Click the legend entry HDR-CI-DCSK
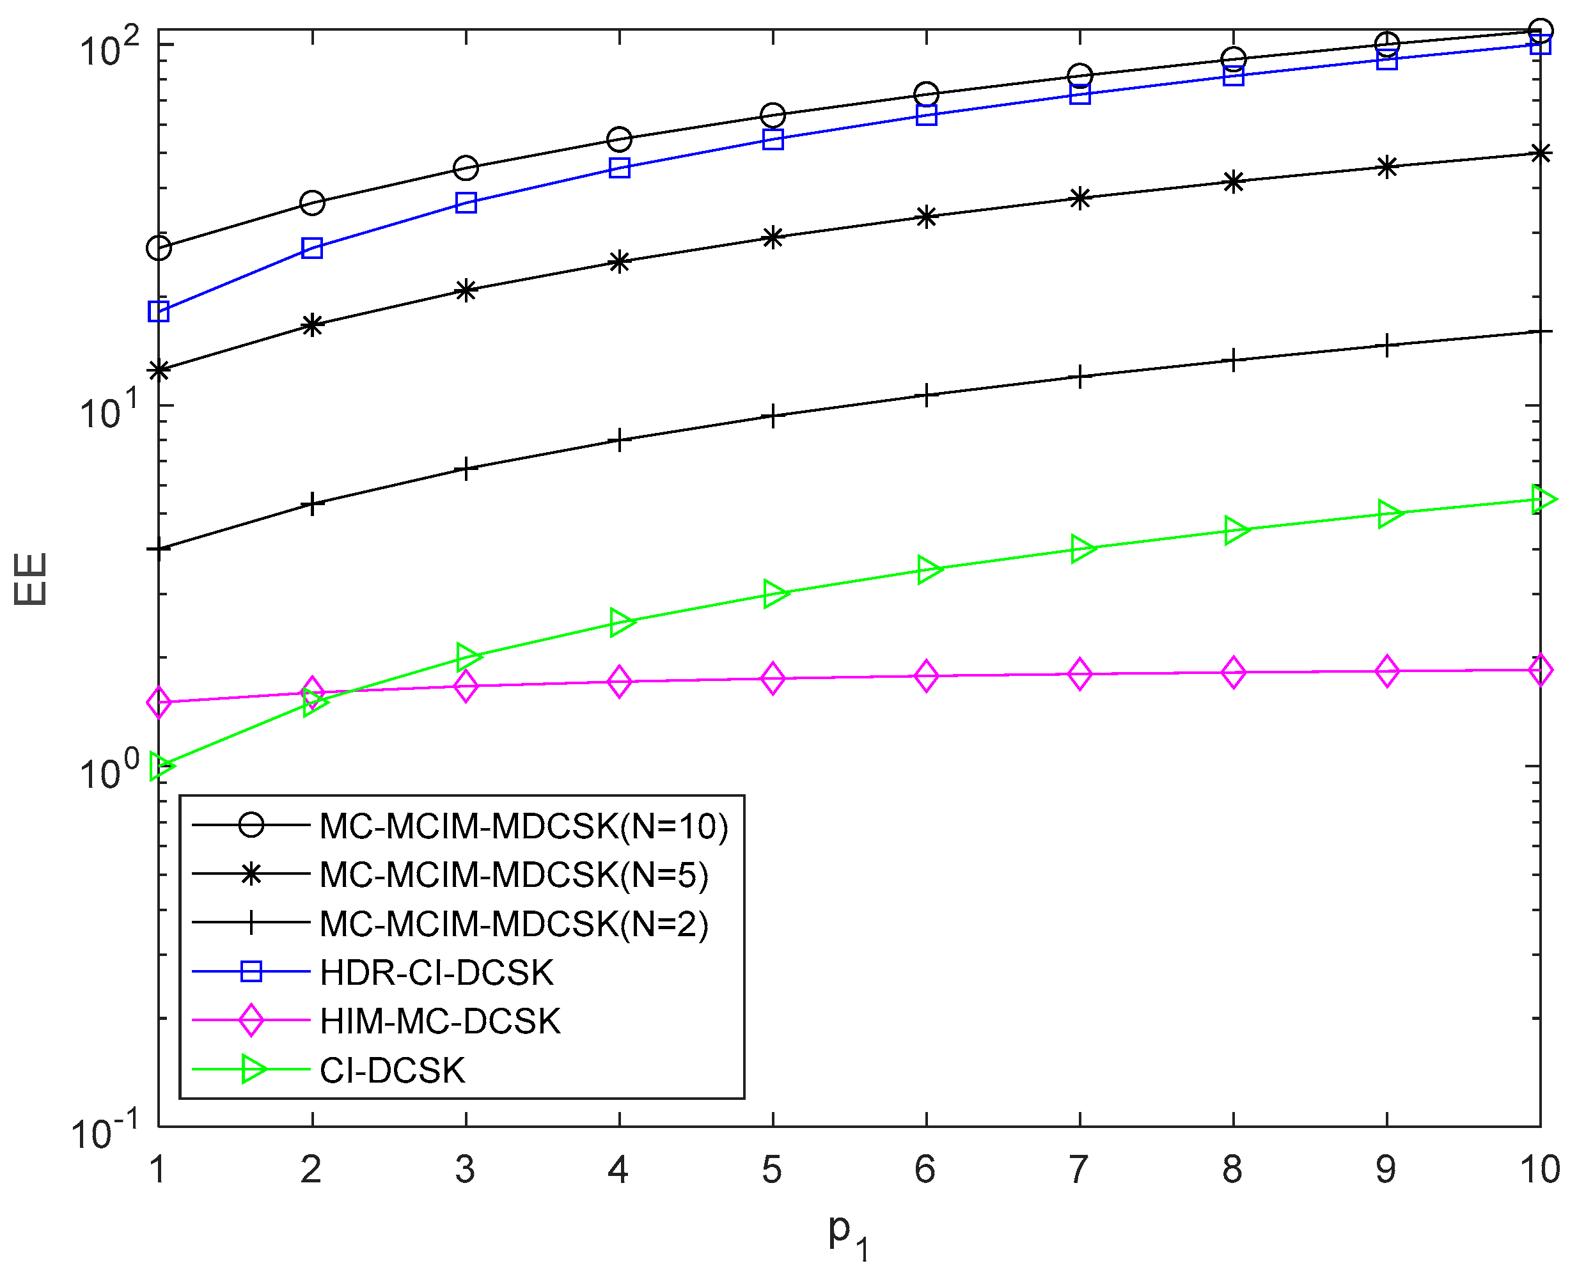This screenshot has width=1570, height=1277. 436,973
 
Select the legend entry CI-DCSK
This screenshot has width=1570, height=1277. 392,1070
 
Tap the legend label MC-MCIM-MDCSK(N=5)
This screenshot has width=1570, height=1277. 514,875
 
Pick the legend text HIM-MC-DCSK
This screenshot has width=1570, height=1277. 440,1021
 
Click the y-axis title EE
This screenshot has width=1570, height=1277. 31,579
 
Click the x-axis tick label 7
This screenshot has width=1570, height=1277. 1079,1170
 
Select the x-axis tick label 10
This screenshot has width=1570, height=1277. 1539,1170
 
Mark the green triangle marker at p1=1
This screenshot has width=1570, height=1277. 161,766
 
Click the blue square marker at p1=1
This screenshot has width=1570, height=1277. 159,311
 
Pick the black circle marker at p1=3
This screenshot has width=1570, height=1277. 466,168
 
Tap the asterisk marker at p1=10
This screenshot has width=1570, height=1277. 1540,153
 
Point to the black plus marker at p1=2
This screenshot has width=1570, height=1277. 313,504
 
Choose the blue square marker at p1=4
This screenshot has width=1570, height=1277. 620,168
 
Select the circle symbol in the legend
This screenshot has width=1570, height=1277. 251,826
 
